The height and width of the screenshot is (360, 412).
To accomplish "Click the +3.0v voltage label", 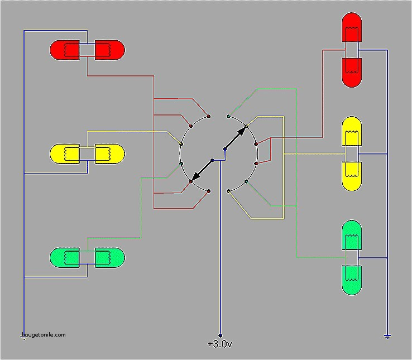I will click(219, 344).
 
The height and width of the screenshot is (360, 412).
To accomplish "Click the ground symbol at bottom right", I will click(387, 336).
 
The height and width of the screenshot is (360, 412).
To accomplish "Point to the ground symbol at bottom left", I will click(24, 338).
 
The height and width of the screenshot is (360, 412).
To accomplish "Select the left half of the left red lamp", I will click(66, 50).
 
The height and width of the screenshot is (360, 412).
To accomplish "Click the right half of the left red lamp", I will click(108, 50).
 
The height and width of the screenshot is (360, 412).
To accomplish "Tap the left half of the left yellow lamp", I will click(66, 153).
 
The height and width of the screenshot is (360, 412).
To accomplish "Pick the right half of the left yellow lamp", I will click(108, 153).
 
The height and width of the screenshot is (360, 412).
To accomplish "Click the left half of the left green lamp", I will click(66, 257).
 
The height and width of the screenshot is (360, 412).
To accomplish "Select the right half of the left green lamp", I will click(108, 257).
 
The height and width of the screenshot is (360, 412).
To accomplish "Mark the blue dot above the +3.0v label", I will click(220, 335).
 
